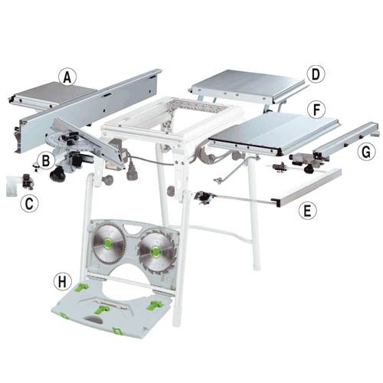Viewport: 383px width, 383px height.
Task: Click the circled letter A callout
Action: [x=67, y=77]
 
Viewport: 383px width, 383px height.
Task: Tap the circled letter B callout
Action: [x=46, y=161]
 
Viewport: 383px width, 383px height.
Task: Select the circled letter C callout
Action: [x=29, y=204]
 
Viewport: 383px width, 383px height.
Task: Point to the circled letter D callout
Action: [x=316, y=74]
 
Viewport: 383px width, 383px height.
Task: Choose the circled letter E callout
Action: [x=308, y=210]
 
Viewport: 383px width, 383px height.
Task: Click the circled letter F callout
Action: [x=316, y=110]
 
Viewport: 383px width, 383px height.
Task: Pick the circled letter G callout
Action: [x=366, y=152]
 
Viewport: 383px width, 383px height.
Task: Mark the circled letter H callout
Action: [x=62, y=282]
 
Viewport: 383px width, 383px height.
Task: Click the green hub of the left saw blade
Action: [x=108, y=243]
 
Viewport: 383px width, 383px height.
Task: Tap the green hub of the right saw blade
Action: [x=155, y=251]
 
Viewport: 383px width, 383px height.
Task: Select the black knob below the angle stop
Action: [x=57, y=174]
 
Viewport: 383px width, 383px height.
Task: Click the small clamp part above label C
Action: [x=28, y=182]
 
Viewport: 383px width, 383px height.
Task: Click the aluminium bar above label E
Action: [x=309, y=187]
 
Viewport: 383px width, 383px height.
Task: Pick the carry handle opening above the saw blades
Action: [x=133, y=228]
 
